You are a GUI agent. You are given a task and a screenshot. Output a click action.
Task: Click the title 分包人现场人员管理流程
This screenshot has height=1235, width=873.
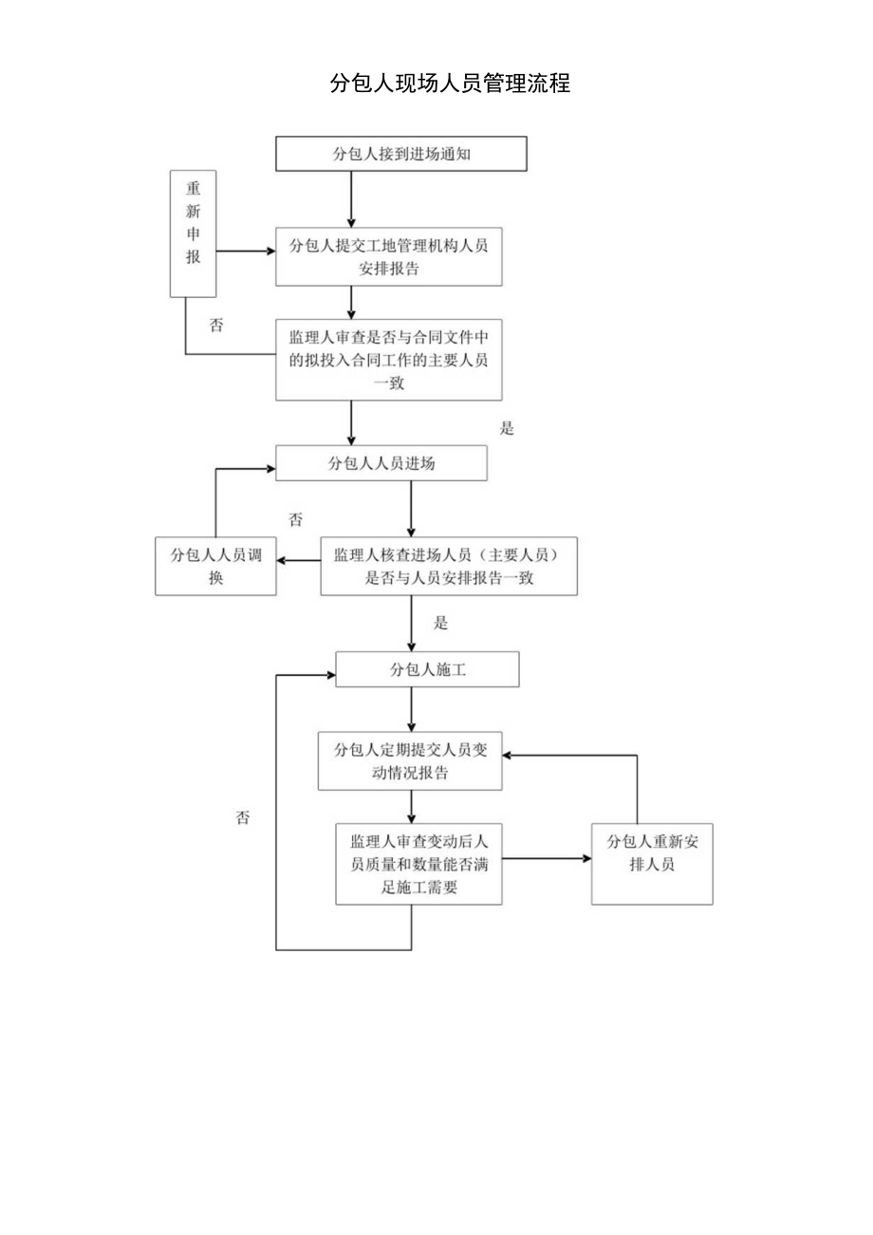[x=450, y=84]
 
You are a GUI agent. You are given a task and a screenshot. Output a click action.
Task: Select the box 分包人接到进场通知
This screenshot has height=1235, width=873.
[x=400, y=154]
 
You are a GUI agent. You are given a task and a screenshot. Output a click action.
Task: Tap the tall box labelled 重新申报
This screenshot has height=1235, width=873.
[x=194, y=234]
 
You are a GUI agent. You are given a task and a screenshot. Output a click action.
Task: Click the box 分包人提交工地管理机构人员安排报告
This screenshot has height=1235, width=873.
[x=388, y=256]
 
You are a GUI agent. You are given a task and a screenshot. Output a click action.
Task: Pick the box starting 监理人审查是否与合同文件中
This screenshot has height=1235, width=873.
[x=388, y=360]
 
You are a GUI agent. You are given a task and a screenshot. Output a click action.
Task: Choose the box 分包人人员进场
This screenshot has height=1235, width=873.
[x=381, y=464]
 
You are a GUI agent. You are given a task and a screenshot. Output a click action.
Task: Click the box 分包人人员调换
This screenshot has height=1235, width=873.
[x=215, y=567]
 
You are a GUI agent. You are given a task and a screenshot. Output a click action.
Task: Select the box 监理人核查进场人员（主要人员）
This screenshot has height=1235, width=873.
[x=448, y=567]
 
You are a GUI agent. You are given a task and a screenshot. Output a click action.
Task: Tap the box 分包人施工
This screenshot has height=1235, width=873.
[x=427, y=669]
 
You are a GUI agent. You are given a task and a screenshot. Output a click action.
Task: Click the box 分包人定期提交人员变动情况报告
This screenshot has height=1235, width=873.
[x=410, y=761]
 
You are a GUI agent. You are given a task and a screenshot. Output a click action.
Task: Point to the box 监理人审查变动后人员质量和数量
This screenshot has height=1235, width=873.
[x=418, y=864]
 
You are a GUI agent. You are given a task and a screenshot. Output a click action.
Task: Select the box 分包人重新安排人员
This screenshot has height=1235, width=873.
[x=652, y=865]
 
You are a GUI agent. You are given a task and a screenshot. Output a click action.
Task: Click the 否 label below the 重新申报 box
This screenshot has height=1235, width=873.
[x=216, y=326]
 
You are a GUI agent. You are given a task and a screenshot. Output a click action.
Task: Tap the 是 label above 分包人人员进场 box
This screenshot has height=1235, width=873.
[x=507, y=428]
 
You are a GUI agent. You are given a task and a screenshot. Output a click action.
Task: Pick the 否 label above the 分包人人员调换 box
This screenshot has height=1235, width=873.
[x=296, y=519]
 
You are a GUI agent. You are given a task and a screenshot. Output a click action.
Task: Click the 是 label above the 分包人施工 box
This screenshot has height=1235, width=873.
[x=440, y=624]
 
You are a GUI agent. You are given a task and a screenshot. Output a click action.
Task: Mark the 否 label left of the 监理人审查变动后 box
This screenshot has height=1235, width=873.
[x=243, y=817]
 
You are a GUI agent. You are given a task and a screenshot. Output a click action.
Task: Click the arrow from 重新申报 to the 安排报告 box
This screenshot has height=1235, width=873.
[x=246, y=253]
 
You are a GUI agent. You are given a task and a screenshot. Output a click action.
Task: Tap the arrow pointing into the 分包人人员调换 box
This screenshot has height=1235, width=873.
[x=298, y=560]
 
